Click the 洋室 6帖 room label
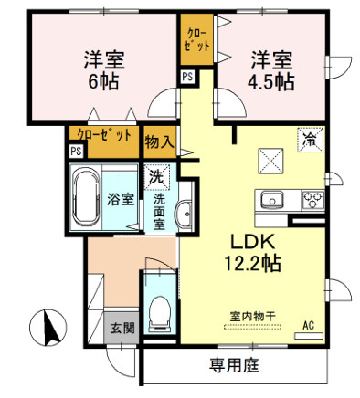pos(104,70)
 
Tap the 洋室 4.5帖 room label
pos(270,70)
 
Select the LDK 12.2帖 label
pos(252,252)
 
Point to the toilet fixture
pos(160,314)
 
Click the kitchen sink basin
pos(272,200)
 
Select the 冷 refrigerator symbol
pos(310,140)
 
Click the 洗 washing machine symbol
pos(156,176)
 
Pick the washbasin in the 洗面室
pos(184,214)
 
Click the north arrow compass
pos(48,328)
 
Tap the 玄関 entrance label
pos(122,328)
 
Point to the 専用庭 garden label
pos(234,365)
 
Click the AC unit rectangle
pos(309,336)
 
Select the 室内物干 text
pos(252,317)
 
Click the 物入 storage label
pos(159,141)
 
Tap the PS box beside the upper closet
pos(188,77)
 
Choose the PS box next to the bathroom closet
pos(76,151)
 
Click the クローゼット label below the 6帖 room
pos(104,134)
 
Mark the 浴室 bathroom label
pos(121,200)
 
